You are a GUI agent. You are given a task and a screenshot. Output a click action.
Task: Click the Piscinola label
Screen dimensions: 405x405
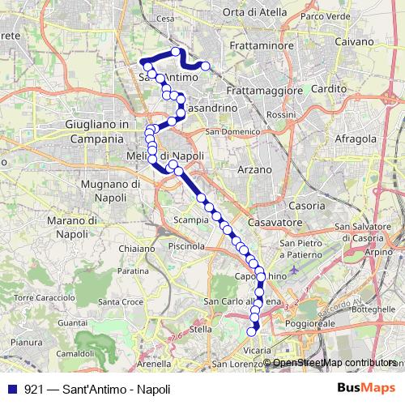(x=187, y=245)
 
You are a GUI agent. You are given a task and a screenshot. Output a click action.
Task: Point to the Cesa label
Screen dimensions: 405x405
(x=165, y=18)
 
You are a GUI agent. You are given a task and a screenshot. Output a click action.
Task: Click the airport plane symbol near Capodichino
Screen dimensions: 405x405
(x=293, y=268)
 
